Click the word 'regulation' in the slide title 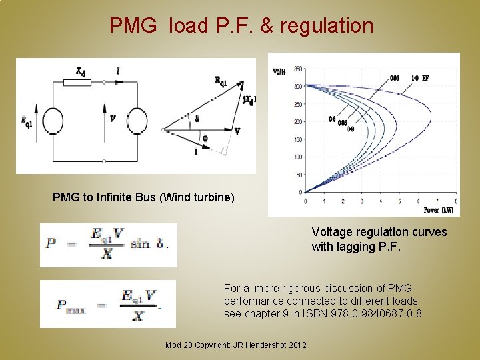click(327, 26)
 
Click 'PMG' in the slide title click(133, 26)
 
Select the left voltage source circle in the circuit click(51, 122)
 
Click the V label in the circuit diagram click(113, 119)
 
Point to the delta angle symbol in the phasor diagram click(197, 119)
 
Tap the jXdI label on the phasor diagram click(249, 100)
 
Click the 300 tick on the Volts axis click(297, 86)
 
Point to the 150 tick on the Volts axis click(297, 139)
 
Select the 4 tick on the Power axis click(381, 201)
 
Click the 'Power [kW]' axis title click(439, 210)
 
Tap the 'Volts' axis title click(281, 71)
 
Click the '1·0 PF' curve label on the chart click(420, 78)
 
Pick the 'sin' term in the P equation click(140, 243)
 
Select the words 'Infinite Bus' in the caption click(121, 197)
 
